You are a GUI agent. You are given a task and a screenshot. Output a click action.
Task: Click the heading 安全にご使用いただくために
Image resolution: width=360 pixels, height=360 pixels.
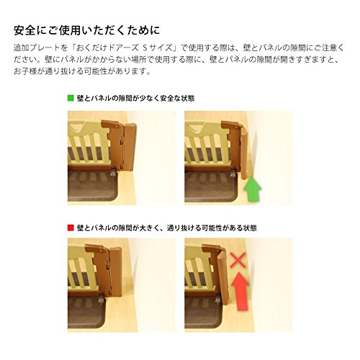[x=86, y=30]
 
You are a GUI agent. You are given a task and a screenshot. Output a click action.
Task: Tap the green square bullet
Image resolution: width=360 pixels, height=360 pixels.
[x=71, y=98]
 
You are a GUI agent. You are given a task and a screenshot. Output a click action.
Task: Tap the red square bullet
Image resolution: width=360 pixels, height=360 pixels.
[x=71, y=228]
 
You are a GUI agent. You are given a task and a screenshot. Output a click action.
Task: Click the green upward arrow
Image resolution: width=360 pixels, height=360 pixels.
[x=252, y=189]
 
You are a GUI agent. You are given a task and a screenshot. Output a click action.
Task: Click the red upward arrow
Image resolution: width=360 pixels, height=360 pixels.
[x=240, y=291]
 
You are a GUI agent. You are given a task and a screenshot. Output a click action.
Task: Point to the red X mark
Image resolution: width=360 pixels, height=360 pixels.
[x=238, y=260]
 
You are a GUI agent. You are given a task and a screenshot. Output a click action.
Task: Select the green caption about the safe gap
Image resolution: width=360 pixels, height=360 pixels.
[x=135, y=98]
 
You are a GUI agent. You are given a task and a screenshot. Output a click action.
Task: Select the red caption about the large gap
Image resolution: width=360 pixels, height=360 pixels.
[x=167, y=228]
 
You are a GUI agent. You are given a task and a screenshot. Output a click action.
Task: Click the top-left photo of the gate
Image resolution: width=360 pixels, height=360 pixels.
[x=122, y=158]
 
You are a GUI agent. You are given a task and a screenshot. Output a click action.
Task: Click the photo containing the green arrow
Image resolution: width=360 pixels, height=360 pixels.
[x=238, y=158]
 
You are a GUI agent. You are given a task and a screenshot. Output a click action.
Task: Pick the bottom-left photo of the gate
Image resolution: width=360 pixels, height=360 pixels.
[x=122, y=285]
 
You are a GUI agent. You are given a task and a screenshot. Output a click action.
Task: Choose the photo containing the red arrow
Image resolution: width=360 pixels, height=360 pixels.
[x=238, y=285]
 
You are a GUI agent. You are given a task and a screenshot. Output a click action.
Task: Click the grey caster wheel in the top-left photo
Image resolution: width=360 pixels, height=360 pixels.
[x=113, y=172]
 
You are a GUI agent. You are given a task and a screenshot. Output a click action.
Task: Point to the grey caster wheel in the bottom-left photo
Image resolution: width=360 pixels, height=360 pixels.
[x=102, y=300]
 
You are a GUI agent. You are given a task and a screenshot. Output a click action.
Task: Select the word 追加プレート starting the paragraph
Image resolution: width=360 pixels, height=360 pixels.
[x=37, y=48]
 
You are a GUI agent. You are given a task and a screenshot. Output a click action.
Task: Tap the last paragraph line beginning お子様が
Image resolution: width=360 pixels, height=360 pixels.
[x=82, y=71]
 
